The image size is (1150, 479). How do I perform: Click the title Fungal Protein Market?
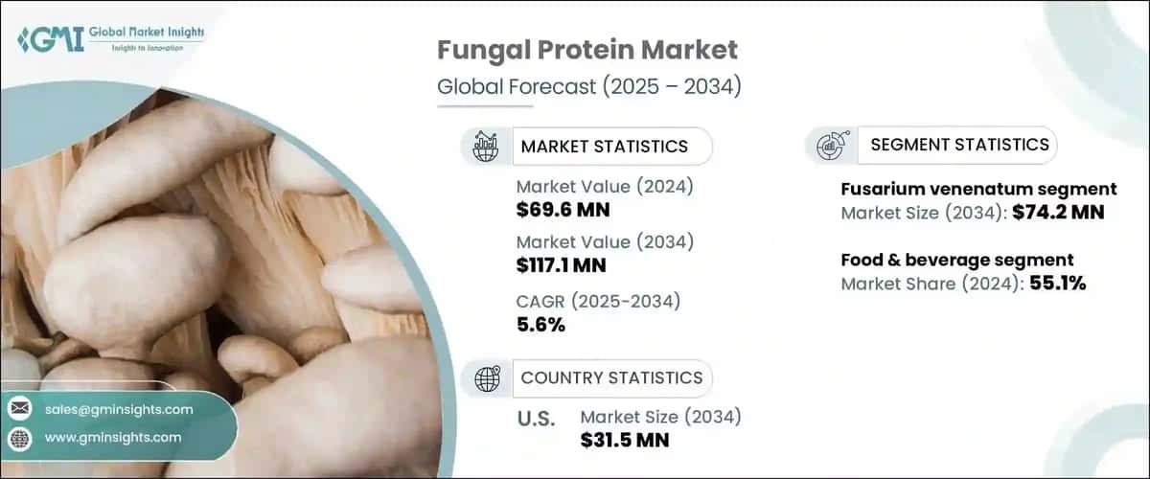click(x=587, y=50)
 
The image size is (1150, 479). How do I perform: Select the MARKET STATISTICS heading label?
click(x=604, y=147)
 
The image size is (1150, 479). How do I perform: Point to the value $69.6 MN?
click(x=563, y=209)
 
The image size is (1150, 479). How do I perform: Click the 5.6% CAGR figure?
click(x=540, y=325)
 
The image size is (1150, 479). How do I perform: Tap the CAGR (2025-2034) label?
click(x=598, y=302)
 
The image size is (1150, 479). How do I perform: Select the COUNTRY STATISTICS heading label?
click(x=611, y=378)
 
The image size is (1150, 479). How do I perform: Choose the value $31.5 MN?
click(x=625, y=440)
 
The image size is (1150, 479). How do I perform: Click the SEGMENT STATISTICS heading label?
click(x=959, y=145)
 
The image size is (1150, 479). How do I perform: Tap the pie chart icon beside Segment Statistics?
click(x=829, y=146)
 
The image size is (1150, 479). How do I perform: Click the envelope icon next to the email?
click(x=19, y=409)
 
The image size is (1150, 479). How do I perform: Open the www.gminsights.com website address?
click(x=112, y=437)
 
